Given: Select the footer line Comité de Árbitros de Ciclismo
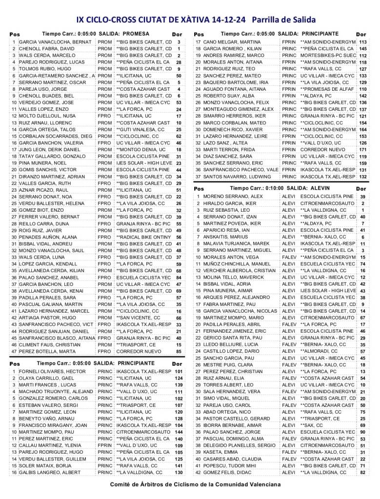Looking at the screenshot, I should click(196, 484).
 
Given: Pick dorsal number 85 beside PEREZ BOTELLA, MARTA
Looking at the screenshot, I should click(179, 351).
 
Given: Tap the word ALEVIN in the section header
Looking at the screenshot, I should click(320, 188).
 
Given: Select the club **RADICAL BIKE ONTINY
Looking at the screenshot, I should click(144, 237).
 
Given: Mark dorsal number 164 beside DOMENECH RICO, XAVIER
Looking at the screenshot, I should click(363, 130).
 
